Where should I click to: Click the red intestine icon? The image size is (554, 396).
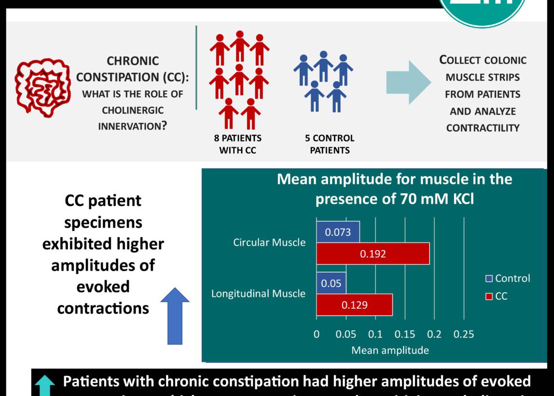pos(39,89)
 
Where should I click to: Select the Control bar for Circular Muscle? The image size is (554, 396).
pos(338,232)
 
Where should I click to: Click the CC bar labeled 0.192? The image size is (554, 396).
pos(373,253)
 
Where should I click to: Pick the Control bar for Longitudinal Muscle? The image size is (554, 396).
pos(331,283)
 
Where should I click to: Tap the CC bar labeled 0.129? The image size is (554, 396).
pos(354,305)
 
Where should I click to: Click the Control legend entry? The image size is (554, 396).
pos(508,278)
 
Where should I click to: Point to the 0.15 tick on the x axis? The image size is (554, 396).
pos(404,334)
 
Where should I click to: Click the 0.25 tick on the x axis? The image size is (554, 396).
pos(464,334)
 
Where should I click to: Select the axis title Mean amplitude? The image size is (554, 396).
pos(390,350)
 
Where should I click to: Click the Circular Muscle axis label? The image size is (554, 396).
pos(269,242)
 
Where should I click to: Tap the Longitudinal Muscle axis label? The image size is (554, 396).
pos(258,293)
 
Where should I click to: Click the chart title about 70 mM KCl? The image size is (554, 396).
pos(394,189)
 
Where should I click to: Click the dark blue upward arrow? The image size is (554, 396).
pos(174,316)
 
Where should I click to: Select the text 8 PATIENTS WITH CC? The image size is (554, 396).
pos(238,144)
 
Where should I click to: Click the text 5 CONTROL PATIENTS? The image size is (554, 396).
pos(329,144)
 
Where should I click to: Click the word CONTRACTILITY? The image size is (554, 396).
pos(483,128)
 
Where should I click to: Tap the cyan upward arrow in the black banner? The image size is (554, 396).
pos(45,386)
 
